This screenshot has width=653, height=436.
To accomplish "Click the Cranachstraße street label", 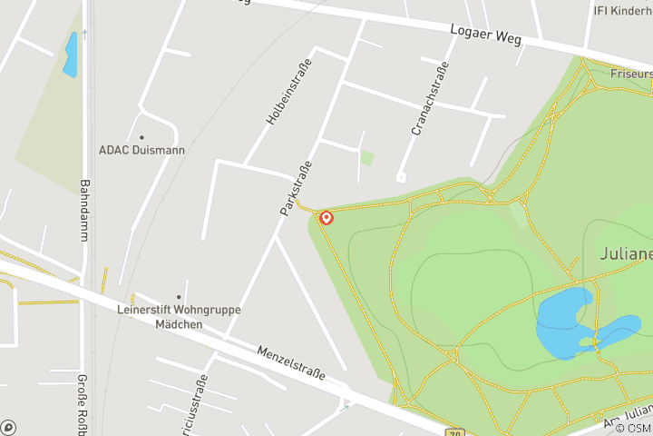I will (431, 98).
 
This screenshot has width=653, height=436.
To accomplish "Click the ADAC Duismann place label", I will (141, 151).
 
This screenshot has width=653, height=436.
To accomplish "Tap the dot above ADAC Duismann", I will (141, 138).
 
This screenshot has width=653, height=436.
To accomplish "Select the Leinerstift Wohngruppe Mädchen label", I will (179, 316).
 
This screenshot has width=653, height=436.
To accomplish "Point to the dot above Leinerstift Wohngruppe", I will (179, 297).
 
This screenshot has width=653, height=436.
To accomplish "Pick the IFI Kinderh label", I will (622, 10).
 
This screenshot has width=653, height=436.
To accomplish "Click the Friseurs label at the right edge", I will (631, 73).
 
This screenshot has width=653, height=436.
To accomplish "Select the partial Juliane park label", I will (626, 253).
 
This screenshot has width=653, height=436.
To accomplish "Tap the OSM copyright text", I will (633, 428).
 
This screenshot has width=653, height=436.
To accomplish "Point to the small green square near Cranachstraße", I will (366, 158).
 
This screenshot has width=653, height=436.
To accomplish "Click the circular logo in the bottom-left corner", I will (8, 427).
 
